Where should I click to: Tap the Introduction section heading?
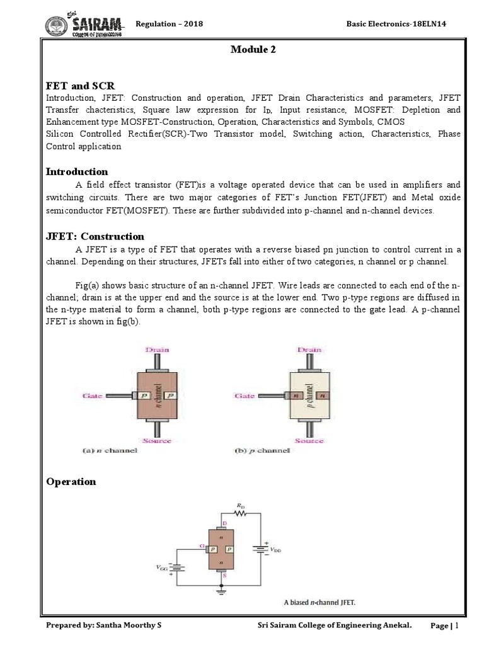(x=77, y=171)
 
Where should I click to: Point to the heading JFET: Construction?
(x=95, y=236)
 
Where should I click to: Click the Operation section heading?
(x=71, y=481)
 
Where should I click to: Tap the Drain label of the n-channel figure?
(x=158, y=349)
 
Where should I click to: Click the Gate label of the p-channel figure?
(x=244, y=396)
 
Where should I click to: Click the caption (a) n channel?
(x=110, y=451)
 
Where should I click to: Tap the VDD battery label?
(x=277, y=549)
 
